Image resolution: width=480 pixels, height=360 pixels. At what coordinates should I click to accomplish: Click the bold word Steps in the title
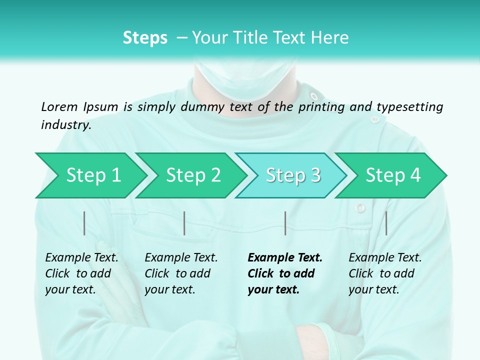(x=145, y=38)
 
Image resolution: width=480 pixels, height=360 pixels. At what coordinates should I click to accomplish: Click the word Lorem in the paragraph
(x=59, y=106)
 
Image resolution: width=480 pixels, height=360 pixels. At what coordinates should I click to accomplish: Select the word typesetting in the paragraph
(x=409, y=106)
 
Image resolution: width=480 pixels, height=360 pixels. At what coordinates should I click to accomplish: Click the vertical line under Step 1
(x=84, y=223)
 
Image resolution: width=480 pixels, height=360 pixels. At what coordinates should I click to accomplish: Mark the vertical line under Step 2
(x=184, y=223)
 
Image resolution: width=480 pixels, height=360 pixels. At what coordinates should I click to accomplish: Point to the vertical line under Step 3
(x=285, y=223)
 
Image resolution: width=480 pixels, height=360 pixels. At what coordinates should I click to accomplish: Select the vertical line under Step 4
(x=386, y=223)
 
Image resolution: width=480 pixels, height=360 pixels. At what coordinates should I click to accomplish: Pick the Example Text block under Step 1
(x=81, y=273)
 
